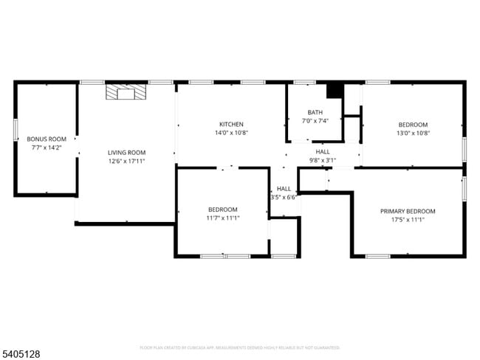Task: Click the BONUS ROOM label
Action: click(47, 139)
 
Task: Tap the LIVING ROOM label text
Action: click(126, 153)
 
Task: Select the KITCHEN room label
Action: click(231, 124)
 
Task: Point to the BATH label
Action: click(315, 112)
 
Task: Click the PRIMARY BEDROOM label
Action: click(408, 211)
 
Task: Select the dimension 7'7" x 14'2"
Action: click(47, 147)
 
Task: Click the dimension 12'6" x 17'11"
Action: click(126, 161)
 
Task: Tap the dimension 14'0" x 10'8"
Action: click(231, 133)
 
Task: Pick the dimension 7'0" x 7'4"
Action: click(315, 120)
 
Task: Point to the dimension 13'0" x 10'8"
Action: click(413, 133)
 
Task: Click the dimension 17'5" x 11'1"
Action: click(408, 219)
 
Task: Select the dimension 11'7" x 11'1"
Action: click(222, 218)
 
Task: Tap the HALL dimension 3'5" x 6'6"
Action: click(284, 197)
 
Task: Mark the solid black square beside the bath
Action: click(335, 90)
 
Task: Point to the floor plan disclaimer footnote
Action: click(239, 347)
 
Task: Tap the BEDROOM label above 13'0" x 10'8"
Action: click(413, 124)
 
